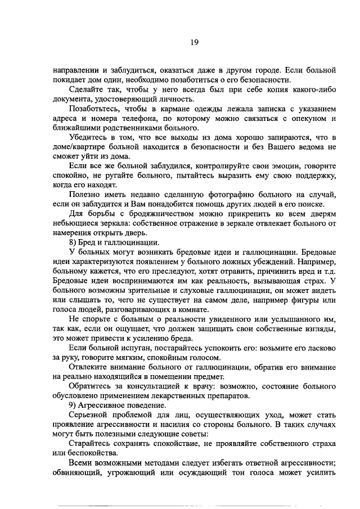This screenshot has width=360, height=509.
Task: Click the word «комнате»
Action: [211, 309]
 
